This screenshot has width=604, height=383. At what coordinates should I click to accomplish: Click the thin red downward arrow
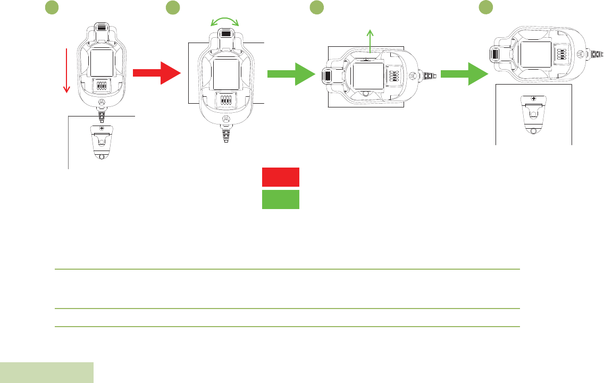click(x=67, y=70)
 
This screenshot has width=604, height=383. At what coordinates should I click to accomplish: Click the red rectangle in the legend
click(x=281, y=177)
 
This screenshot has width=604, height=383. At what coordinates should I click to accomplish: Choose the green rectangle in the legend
click(x=281, y=199)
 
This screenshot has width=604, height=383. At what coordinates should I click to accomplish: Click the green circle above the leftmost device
click(x=51, y=7)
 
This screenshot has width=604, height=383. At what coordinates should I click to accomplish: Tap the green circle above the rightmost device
click(x=484, y=7)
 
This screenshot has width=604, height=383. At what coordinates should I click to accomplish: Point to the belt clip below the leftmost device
click(x=101, y=141)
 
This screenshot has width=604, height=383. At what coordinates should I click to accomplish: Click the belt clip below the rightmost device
click(x=533, y=115)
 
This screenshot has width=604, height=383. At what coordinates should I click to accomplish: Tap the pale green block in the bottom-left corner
click(x=47, y=372)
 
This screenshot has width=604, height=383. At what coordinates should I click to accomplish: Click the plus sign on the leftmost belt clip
click(x=101, y=128)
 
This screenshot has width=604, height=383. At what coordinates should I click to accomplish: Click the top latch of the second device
click(x=225, y=34)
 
